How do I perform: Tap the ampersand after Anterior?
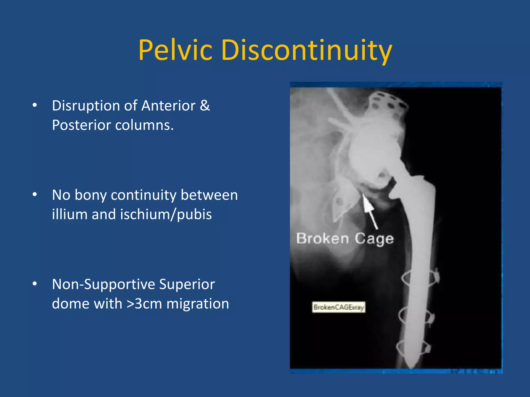tap(205, 106)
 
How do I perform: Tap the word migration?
tap(198, 304)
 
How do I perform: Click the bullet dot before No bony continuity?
tap(35, 195)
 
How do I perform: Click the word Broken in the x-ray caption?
tap(322, 238)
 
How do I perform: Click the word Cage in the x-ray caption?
tap(374, 239)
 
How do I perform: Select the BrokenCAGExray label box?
tap(338, 307)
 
